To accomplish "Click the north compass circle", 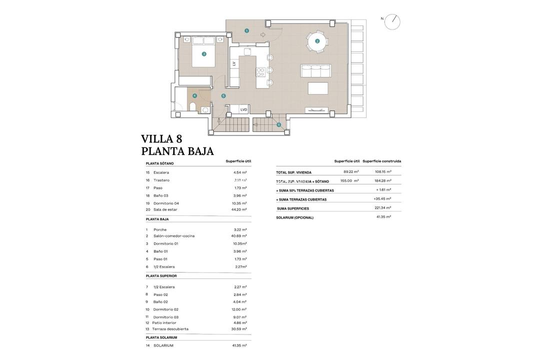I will pyautogui.click(x=392, y=22).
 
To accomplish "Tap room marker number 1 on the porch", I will pyautogui.click(x=246, y=31).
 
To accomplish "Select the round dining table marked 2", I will pyautogui.click(x=317, y=41).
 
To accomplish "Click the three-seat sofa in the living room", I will pyautogui.click(x=315, y=71).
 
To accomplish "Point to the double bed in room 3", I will pyautogui.click(x=203, y=51).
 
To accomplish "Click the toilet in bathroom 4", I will pyautogui.click(x=192, y=106).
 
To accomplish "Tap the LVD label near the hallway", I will pyautogui.click(x=243, y=109).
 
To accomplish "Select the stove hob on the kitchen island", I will pyautogui.click(x=260, y=72).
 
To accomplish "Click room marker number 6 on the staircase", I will pyautogui.click(x=278, y=125).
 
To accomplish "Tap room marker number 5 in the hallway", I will pyautogui.click(x=223, y=96).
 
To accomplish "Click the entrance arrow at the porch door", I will pyautogui.click(x=263, y=34).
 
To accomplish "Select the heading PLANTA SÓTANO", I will pyautogui.click(x=160, y=163).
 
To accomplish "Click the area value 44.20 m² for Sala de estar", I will pyautogui.click(x=239, y=209).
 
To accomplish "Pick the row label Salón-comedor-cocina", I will pyautogui.click(x=174, y=236).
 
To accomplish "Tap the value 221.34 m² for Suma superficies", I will pyautogui.click(x=383, y=208).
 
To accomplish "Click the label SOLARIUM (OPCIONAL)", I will pyautogui.click(x=295, y=217).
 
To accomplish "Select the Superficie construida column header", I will pyautogui.click(x=382, y=161).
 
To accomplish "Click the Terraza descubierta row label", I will pyautogui.click(x=170, y=329).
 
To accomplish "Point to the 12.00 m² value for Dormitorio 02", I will pyautogui.click(x=239, y=309).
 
